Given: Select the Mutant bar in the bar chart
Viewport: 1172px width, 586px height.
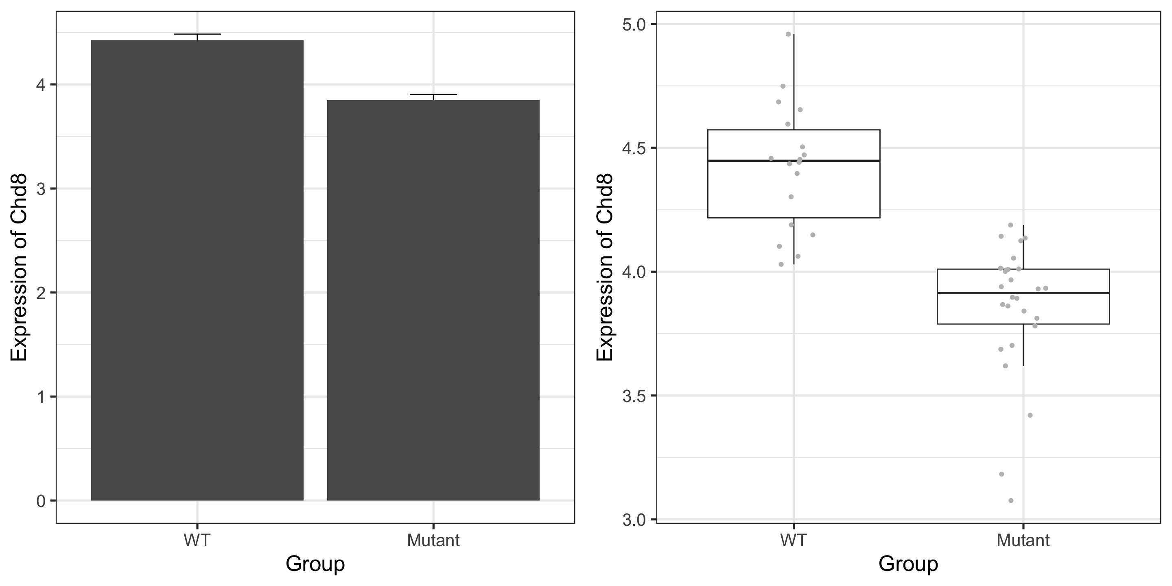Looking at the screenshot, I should (x=433, y=300).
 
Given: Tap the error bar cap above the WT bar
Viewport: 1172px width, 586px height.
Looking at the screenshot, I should (x=197, y=34).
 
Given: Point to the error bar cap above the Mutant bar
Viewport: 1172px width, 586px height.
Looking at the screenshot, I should (x=433, y=95).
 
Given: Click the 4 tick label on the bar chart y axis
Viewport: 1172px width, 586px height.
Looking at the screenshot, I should (x=41, y=85).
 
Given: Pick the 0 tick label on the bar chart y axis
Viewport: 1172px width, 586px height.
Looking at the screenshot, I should (x=41, y=501).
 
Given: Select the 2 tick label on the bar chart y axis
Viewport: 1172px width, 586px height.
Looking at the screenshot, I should (x=41, y=293).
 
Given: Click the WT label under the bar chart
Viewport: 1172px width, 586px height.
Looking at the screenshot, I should (x=197, y=540).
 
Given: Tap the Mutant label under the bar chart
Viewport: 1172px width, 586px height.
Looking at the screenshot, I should (x=433, y=540).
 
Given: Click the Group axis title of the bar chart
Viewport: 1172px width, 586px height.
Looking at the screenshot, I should (x=315, y=564).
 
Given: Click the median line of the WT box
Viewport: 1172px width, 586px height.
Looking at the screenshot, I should (x=794, y=161).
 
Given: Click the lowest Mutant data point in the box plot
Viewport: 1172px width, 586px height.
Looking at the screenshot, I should (x=1011, y=501).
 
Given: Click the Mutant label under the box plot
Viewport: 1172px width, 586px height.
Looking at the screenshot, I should (x=1023, y=540).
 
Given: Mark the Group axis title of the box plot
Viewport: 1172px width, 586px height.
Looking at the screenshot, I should (x=908, y=564).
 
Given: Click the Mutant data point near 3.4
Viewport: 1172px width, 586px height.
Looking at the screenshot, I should (x=1030, y=415).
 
